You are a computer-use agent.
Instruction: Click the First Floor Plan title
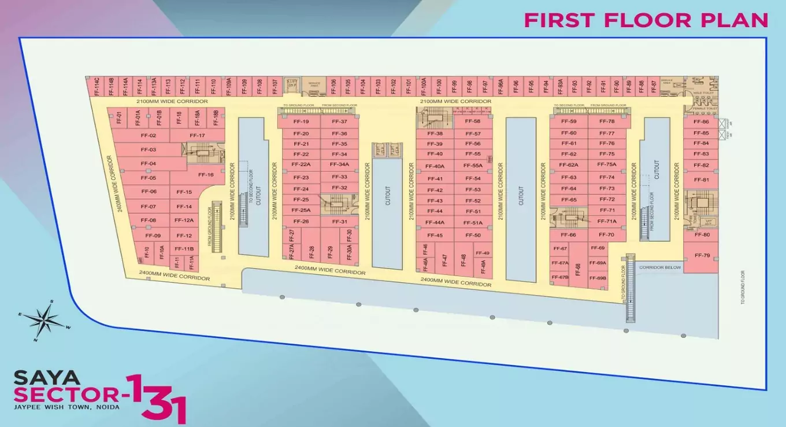(x=646, y=20)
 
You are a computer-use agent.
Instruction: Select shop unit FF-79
(x=702, y=256)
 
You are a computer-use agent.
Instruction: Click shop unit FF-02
(x=149, y=135)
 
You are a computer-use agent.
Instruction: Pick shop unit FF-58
(x=473, y=122)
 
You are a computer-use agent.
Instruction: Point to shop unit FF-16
(x=206, y=175)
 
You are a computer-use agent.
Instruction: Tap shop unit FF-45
(x=435, y=235)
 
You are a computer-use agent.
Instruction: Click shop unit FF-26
(x=301, y=222)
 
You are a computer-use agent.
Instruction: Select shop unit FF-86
(x=701, y=122)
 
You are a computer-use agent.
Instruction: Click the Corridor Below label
(x=660, y=268)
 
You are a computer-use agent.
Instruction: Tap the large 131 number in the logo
(x=157, y=398)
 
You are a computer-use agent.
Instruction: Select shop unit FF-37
(x=340, y=122)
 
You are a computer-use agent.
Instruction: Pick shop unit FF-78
(x=607, y=122)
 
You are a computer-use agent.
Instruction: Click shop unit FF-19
(x=301, y=122)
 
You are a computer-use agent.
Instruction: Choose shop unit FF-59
(x=569, y=122)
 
